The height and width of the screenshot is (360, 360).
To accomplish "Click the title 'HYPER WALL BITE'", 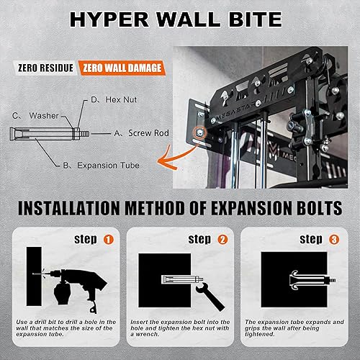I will (x=180, y=20).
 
